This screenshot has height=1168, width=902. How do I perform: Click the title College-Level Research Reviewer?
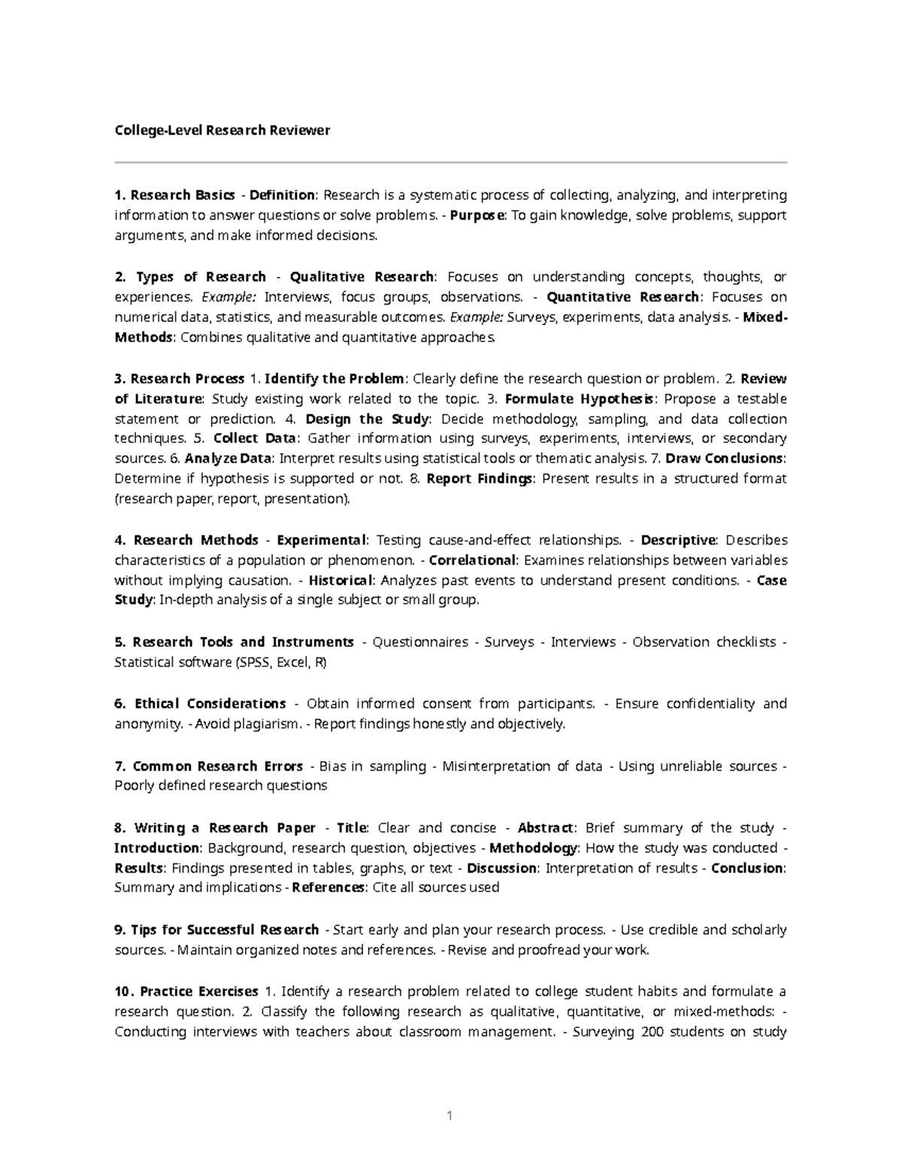(222, 130)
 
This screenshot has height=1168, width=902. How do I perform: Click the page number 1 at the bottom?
(449, 1115)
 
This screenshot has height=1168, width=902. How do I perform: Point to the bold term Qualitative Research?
(362, 277)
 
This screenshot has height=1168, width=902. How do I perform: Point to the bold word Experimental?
(322, 540)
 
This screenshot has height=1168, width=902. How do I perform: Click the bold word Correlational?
(472, 560)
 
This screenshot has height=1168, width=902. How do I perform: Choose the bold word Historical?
(341, 581)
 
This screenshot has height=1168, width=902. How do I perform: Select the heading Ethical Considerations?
(210, 704)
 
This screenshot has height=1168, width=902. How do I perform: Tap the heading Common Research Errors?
(217, 766)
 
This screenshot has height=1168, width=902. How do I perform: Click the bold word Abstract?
(546, 828)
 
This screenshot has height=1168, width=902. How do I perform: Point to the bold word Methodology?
(534, 848)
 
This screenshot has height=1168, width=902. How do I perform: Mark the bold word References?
(328, 887)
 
